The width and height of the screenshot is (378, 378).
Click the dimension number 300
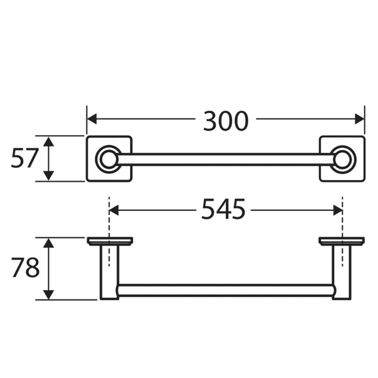(x=226, y=121)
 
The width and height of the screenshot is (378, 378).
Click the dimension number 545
(x=223, y=209)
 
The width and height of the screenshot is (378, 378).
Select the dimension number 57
(x=24, y=158)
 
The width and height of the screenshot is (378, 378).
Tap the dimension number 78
(x=25, y=268)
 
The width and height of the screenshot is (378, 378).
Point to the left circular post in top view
(x=108, y=159)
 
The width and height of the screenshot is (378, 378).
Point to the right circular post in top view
(x=342, y=159)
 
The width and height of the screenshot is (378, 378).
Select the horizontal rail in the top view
(x=226, y=159)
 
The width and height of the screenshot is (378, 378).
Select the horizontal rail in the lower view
(x=226, y=290)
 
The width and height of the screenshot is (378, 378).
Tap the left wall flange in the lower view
(x=110, y=241)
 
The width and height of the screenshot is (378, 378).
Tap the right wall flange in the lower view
(x=342, y=241)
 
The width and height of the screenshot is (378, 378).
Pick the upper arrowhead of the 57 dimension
(x=49, y=141)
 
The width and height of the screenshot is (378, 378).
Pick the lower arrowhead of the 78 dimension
(x=49, y=295)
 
